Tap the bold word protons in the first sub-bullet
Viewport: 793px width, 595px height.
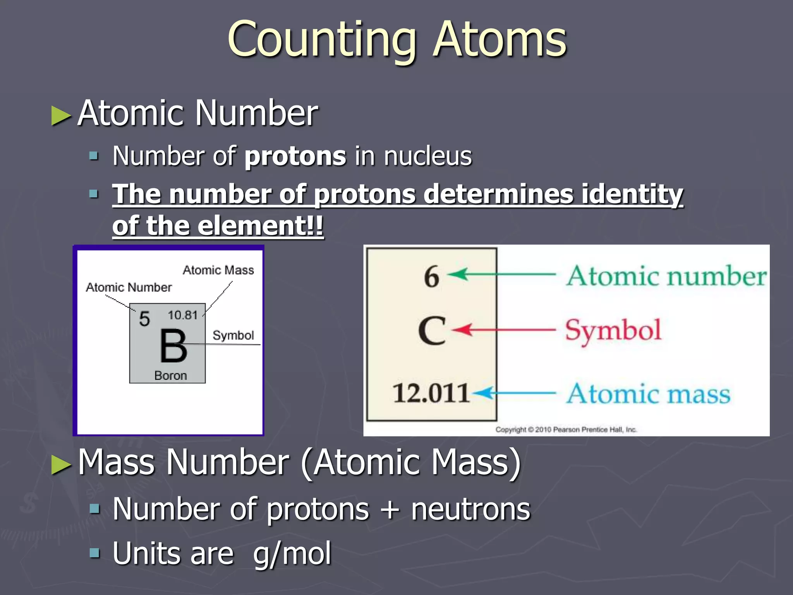tap(295, 156)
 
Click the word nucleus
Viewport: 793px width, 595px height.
tap(428, 156)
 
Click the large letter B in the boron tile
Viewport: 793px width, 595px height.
tap(173, 346)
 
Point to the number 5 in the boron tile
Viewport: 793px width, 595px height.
tap(144, 319)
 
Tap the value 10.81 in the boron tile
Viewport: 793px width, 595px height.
tap(183, 315)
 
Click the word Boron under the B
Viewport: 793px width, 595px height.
tap(170, 375)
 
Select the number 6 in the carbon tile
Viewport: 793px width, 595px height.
tap(431, 277)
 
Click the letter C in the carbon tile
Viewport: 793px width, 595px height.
tap(432, 330)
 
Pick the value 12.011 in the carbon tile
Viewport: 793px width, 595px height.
tap(431, 393)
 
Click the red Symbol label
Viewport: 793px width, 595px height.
tap(613, 330)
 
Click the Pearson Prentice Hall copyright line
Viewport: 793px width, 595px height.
tap(566, 429)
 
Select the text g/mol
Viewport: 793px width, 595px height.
tap(292, 554)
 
